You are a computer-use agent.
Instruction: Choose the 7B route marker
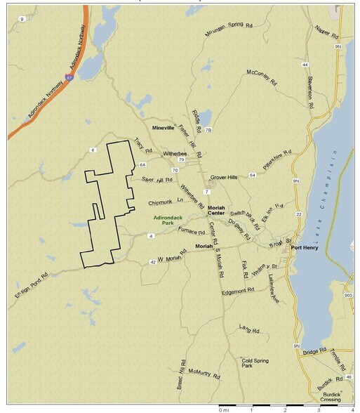pyautogui.click(x=208, y=131)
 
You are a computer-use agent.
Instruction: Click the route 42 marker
pyautogui.click(x=152, y=262)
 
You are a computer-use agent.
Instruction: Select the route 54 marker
pyautogui.click(x=252, y=175)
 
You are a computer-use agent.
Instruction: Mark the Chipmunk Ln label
pyautogui.click(x=165, y=202)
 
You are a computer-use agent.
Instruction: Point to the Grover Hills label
pyautogui.click(x=225, y=178)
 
